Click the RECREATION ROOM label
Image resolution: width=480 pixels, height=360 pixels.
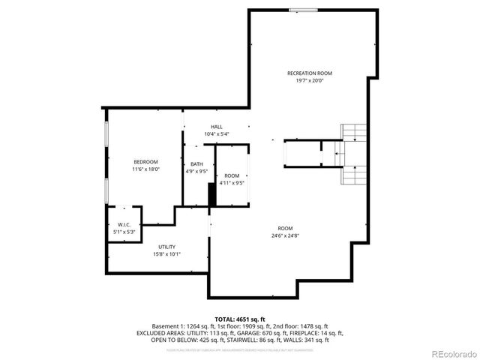click(x=309, y=73)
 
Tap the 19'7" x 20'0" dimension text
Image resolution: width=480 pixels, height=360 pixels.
click(x=309, y=80)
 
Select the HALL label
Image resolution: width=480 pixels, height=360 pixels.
click(x=217, y=127)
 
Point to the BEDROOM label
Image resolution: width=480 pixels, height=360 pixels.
click(x=145, y=162)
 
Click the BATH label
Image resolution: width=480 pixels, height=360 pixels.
click(x=196, y=164)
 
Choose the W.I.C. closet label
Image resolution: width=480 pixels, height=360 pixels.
click(x=124, y=224)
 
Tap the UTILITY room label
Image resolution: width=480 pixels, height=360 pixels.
click(x=166, y=247)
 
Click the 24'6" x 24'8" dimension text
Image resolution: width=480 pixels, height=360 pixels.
click(x=285, y=235)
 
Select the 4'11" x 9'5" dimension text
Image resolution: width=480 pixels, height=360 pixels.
click(x=232, y=183)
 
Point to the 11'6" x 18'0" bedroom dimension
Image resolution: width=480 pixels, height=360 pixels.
click(x=145, y=169)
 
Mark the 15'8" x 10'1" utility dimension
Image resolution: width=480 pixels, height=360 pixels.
click(x=166, y=253)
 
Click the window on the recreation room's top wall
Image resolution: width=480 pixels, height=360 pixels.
click(x=303, y=10)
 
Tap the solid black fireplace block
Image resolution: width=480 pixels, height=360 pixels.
click(x=212, y=194)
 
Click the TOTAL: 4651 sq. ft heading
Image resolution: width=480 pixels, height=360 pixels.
click(x=240, y=319)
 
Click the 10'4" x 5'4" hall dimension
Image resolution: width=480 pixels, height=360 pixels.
click(x=217, y=134)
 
